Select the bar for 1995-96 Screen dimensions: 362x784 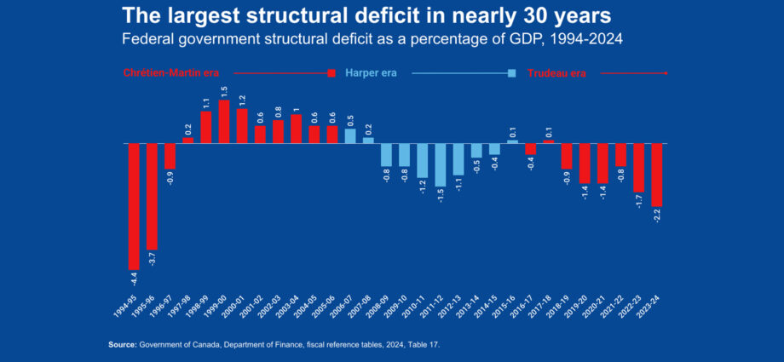pos(152,196)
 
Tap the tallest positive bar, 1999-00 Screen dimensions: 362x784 pos(224,122)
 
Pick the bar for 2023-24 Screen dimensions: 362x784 pos(657,175)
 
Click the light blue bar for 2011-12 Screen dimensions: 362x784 pos(441,164)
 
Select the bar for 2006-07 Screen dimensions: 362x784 pos(350,135)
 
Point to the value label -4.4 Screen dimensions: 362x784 pos(134,279)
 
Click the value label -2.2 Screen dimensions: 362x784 pos(657,215)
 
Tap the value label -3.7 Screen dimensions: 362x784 pos(152,258)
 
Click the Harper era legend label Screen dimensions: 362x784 pos(371,73)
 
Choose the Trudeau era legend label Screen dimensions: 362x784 pos(556,73)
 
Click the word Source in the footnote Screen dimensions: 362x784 pos(122,344)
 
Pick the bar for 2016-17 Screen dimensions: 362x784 pos(531,149)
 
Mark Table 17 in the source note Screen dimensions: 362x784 pos(423,344)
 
